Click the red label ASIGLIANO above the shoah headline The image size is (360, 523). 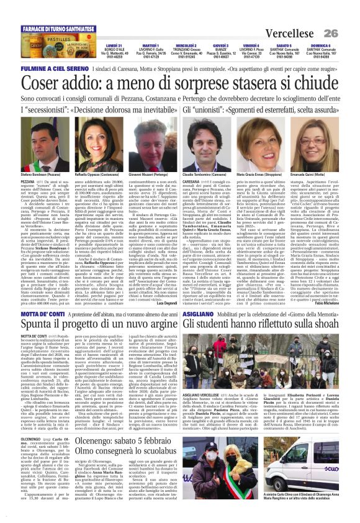point(197,315)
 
